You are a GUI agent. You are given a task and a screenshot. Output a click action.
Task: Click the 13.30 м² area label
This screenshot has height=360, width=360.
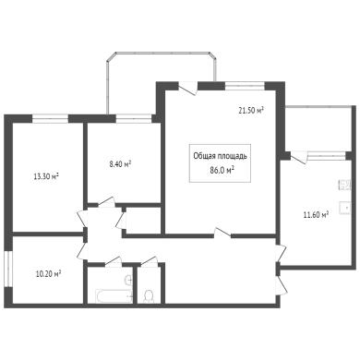pyautogui.click(x=46, y=176)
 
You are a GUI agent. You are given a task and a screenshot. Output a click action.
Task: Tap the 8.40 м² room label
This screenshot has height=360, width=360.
pyautogui.click(x=120, y=164)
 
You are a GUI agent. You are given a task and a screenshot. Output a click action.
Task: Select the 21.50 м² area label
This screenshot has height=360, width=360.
pyautogui.click(x=251, y=111)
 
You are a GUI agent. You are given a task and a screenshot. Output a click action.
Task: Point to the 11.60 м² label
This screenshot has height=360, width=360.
pyautogui.click(x=316, y=214)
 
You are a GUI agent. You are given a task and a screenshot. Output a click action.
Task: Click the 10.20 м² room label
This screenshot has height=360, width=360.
pyautogui.click(x=48, y=273)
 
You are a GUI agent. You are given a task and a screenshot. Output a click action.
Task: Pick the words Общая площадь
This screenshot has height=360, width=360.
pyautogui.click(x=220, y=156)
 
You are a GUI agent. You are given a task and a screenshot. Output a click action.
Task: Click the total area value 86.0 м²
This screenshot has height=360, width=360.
pyautogui.click(x=221, y=170)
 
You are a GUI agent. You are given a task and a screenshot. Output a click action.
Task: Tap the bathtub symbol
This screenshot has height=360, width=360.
pyautogui.click(x=114, y=296)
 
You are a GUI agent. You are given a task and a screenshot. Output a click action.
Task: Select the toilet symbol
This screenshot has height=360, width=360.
pyautogui.click(x=150, y=296)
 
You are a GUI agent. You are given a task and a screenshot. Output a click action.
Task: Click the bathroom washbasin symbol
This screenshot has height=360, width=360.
pyautogui.click(x=128, y=280)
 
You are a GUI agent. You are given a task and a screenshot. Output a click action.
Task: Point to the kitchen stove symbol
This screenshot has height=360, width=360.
pyautogui.click(x=345, y=186)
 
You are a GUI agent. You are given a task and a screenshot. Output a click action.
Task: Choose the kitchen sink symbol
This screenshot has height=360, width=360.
pyautogui.click(x=345, y=208)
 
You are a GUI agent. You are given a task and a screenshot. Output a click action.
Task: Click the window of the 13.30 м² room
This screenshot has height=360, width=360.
pyautogui.click(x=50, y=119)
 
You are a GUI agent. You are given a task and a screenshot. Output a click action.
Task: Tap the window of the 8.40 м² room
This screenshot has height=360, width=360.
pyautogui.click(x=134, y=119)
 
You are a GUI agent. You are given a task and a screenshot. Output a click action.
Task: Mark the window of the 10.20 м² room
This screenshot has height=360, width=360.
pyautogui.click(x=8, y=270)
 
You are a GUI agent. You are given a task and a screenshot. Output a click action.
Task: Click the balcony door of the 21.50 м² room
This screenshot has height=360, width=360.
pyautogui.click(x=188, y=89)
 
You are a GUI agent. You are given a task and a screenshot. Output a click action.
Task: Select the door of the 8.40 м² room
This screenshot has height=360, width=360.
pyautogui.click(x=106, y=202)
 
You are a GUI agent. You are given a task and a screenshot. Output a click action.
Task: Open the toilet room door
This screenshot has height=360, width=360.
pyautogui.click(x=150, y=261)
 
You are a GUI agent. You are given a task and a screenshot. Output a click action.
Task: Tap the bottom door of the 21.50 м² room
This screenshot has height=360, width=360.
pyautogui.click(x=222, y=233)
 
